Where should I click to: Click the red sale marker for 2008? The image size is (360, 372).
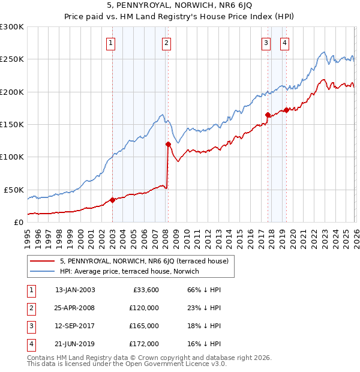168,144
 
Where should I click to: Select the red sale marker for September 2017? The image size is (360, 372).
268,115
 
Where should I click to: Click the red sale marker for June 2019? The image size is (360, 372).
286,110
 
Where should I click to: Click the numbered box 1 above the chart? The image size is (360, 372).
112,43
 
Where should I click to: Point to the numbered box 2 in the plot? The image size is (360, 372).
166,43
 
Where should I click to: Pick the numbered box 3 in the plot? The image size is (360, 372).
265,43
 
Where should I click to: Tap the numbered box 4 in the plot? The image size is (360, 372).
284,43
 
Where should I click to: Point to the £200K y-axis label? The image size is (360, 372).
12,92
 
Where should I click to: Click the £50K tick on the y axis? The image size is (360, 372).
14,190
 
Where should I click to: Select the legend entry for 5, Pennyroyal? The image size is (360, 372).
144,262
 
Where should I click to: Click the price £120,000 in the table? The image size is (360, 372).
144,308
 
